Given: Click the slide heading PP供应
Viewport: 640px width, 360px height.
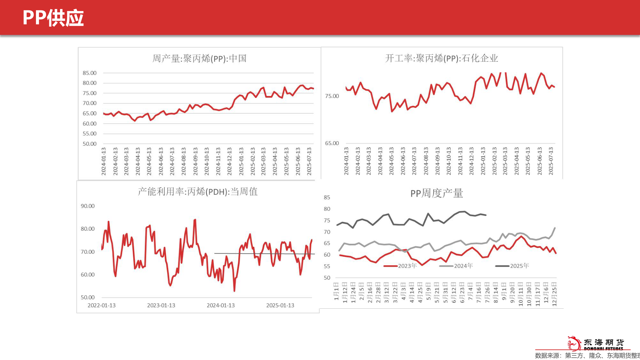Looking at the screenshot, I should [x=53, y=18].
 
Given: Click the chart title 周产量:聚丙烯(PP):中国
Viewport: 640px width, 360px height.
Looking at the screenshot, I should [x=199, y=59].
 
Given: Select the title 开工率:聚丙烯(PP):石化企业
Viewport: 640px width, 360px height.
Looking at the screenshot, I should [x=441, y=58].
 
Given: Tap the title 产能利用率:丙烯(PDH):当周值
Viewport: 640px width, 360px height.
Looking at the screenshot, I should [x=198, y=192].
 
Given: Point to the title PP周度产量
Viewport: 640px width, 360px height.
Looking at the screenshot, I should [x=436, y=193].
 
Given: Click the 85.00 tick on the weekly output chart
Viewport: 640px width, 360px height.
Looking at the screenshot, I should [x=90, y=73].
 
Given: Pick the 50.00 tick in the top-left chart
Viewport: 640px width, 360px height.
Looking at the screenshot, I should [x=90, y=144].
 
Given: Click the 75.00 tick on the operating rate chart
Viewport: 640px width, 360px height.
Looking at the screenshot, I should [x=332, y=96].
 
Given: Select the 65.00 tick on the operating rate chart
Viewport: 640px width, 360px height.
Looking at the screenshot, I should [x=332, y=143].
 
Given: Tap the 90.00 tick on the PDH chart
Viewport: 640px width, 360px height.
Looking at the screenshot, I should [x=88, y=206].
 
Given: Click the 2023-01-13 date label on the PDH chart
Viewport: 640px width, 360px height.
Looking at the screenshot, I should [x=161, y=305].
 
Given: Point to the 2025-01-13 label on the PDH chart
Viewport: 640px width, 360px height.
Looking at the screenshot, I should [x=280, y=305].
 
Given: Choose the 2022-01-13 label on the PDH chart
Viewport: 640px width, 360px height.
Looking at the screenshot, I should [x=102, y=305].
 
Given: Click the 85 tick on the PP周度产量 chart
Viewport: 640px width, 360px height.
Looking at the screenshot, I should [x=327, y=197].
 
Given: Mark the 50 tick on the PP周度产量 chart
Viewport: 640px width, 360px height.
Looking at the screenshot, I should [x=327, y=278].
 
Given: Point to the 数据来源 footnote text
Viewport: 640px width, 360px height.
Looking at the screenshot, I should [x=587, y=356].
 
